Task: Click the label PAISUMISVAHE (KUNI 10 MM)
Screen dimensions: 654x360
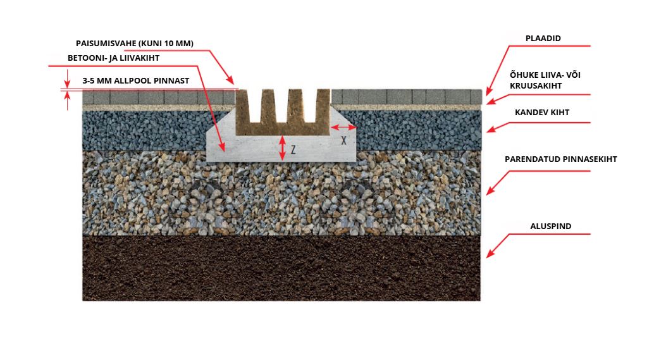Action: click(x=135, y=44)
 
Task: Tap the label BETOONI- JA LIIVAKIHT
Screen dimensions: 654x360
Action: click(x=113, y=58)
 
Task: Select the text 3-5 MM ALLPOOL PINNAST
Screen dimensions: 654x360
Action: click(x=136, y=80)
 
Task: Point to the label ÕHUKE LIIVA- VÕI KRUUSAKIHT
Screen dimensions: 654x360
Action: click(x=545, y=80)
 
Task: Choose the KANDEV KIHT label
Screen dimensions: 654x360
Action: click(x=542, y=112)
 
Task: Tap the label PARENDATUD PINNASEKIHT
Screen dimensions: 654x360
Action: click(x=560, y=159)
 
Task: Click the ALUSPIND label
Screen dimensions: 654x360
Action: click(x=550, y=226)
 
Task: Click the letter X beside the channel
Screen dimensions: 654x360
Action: click(x=343, y=140)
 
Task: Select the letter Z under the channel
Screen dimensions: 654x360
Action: click(x=293, y=149)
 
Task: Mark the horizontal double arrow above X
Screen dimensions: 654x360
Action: click(x=343, y=127)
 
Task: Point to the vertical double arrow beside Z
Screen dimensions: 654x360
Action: click(x=282, y=148)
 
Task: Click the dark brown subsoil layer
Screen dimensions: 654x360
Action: click(x=281, y=268)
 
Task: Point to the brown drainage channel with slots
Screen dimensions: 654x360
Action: click(x=283, y=112)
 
